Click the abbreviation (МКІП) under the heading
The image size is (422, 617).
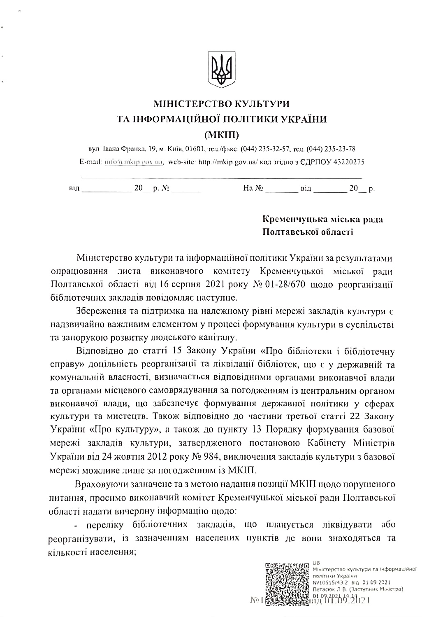(x=223, y=135)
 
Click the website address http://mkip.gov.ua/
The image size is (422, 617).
(x=228, y=162)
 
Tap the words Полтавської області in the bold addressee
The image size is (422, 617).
(x=308, y=232)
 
